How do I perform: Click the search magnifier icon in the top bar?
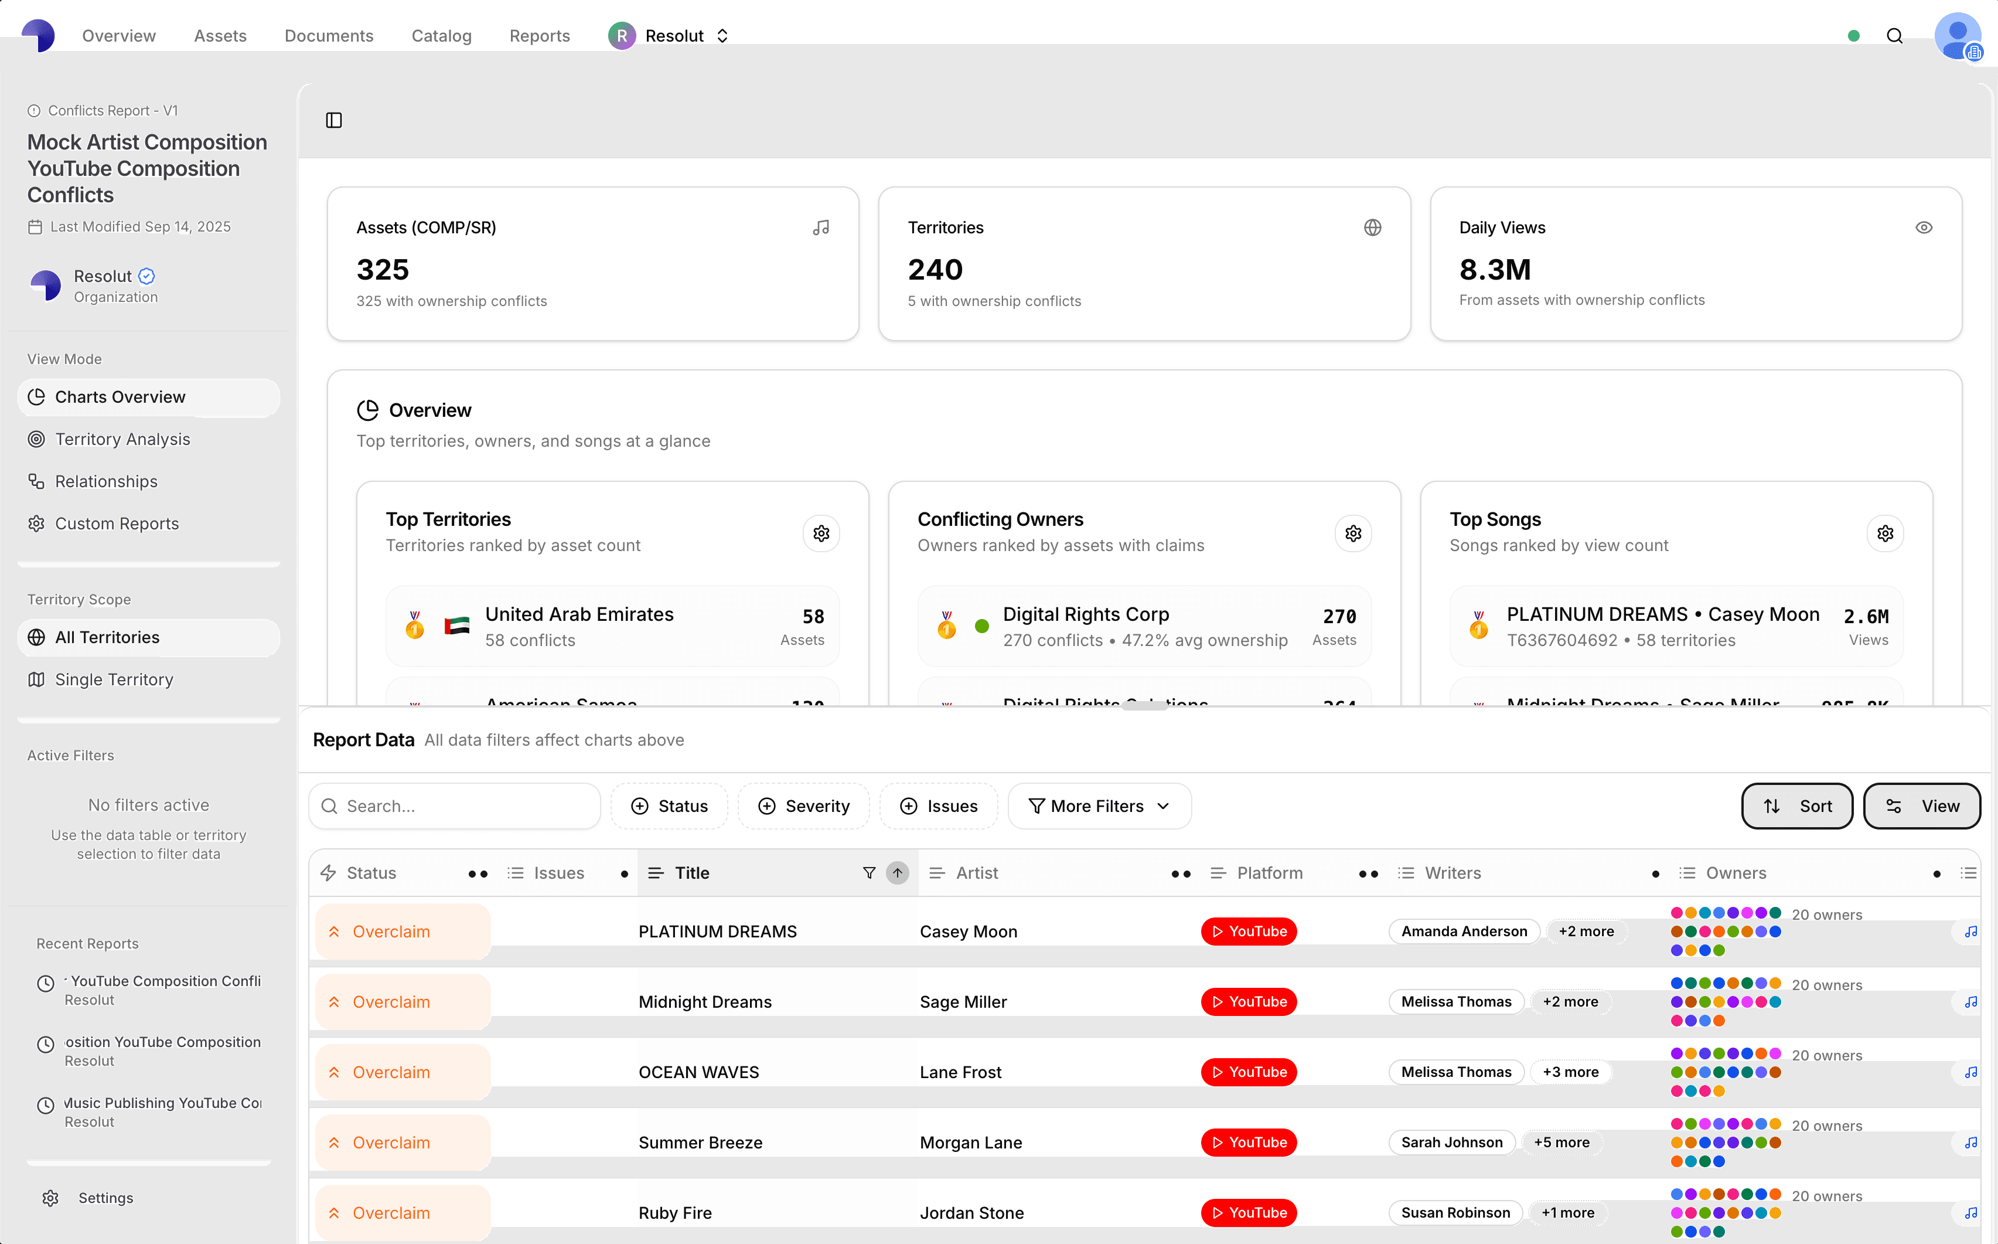point(1894,35)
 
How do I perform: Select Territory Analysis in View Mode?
point(122,439)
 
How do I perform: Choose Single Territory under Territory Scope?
point(114,679)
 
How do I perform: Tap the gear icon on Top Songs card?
point(1884,533)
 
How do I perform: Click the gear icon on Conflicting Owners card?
point(1352,533)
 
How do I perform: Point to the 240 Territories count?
point(935,270)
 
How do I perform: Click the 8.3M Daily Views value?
point(1494,270)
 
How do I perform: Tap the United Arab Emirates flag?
point(456,626)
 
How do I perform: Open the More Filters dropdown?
point(1099,806)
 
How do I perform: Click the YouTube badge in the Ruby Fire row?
point(1248,1213)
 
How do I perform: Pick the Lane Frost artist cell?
point(960,1072)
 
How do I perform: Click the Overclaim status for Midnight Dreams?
point(391,1002)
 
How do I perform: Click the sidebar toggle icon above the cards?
point(334,120)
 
